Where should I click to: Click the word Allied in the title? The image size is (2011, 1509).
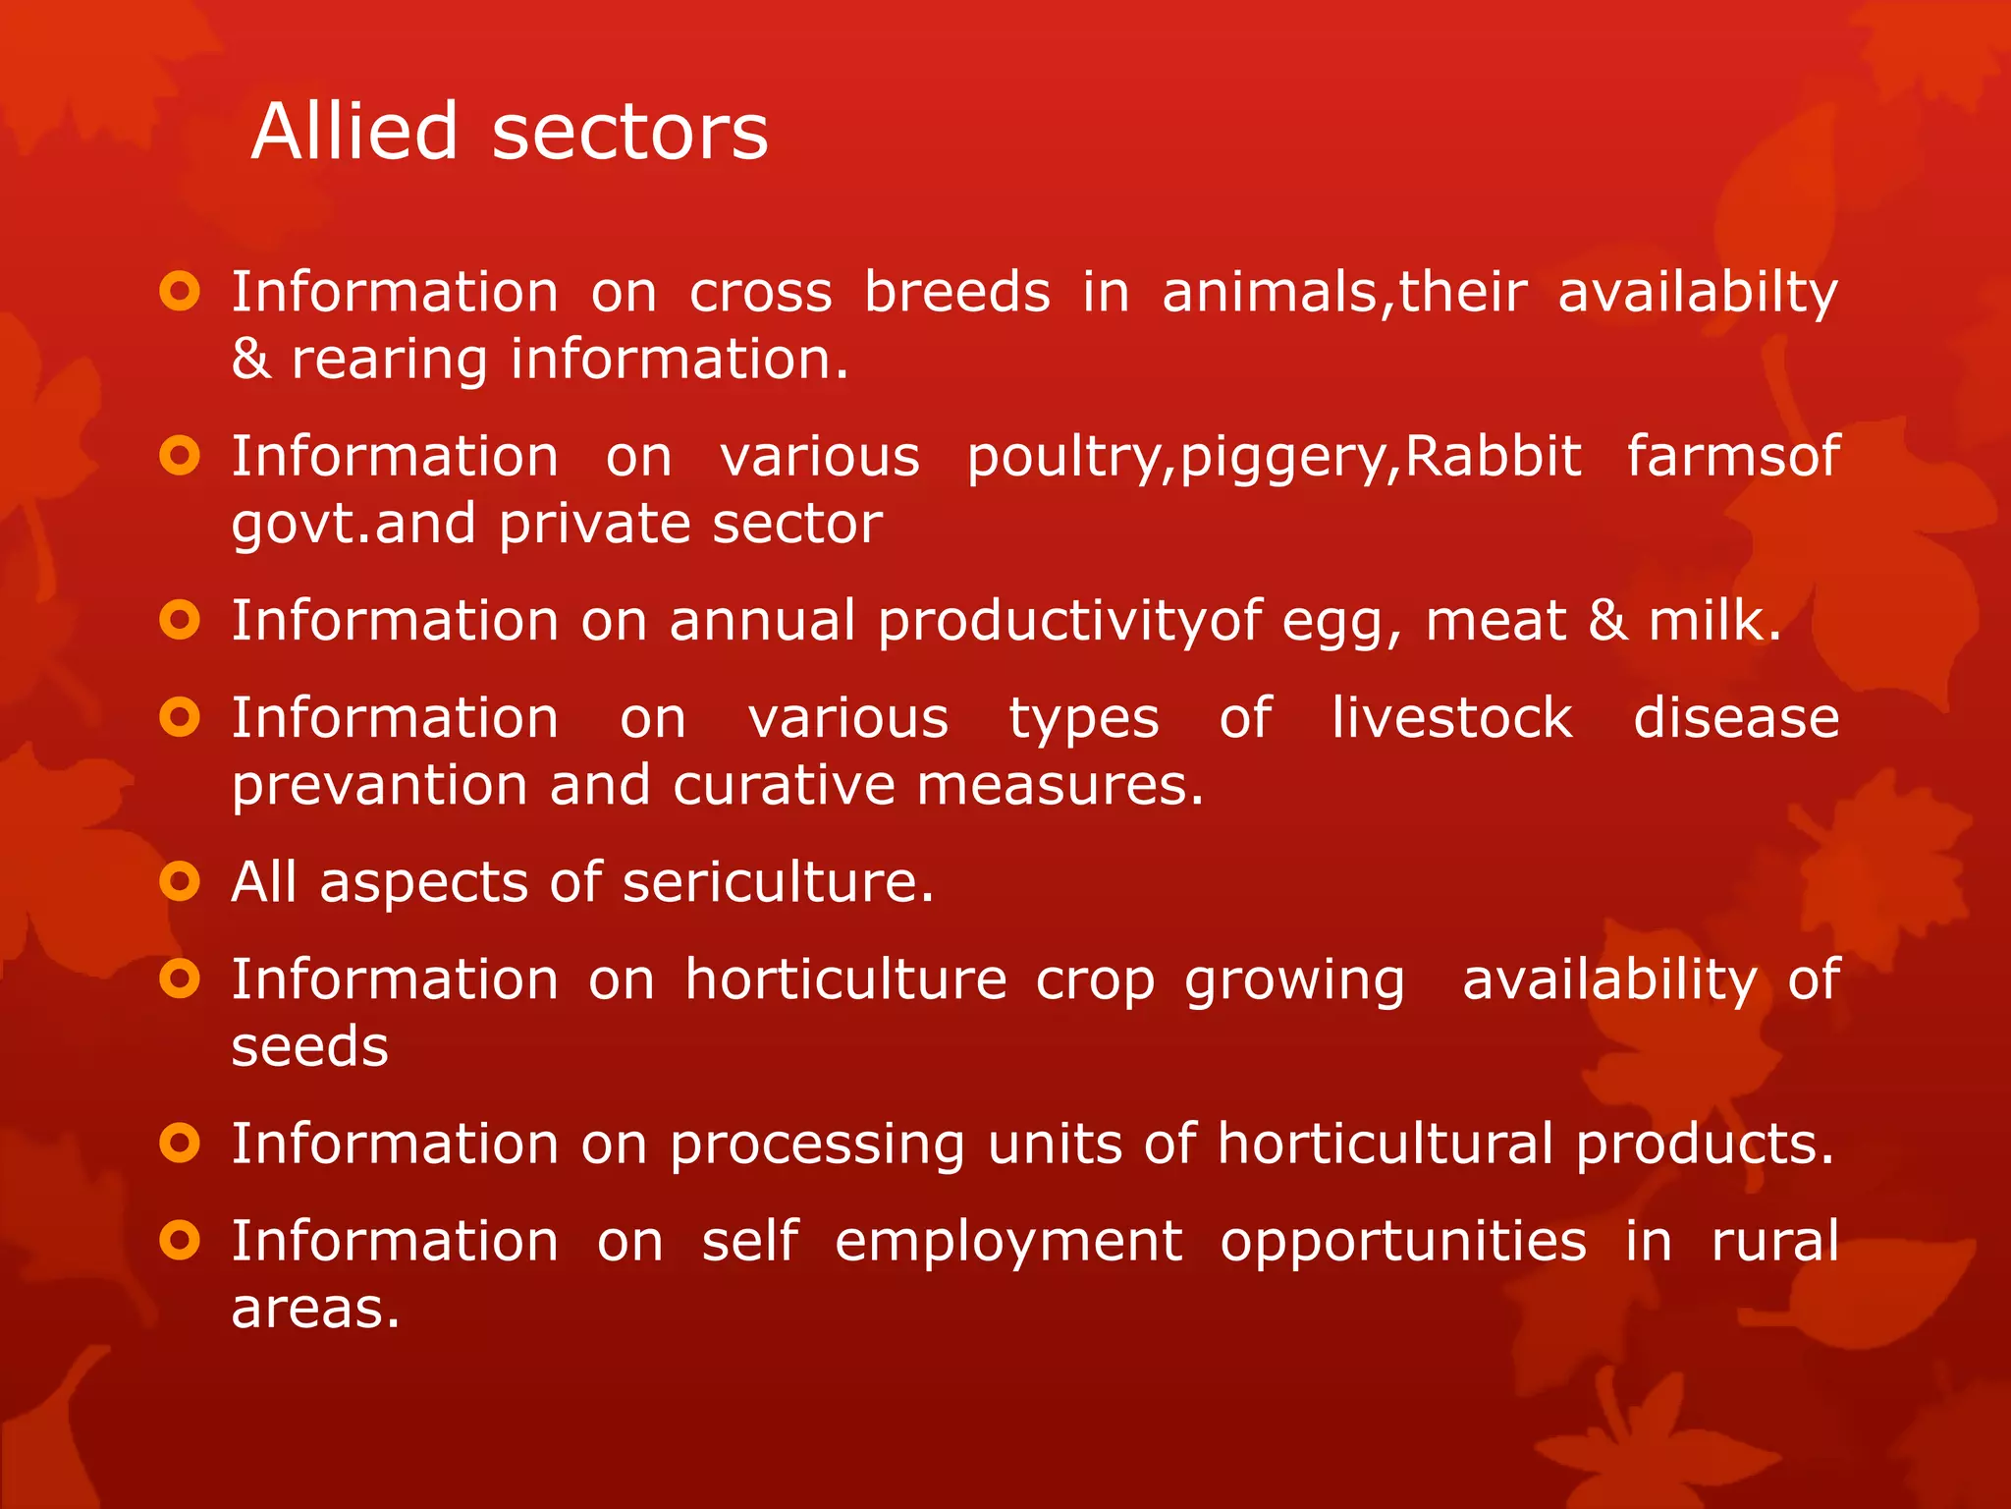click(354, 132)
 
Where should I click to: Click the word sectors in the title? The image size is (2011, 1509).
click(629, 132)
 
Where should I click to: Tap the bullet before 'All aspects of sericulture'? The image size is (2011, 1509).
click(180, 881)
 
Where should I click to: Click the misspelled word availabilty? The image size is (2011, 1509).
click(1698, 293)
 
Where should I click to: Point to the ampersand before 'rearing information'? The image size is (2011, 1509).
click(250, 359)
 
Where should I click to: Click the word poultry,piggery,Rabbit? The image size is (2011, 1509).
click(1274, 458)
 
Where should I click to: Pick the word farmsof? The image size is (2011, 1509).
click(1733, 457)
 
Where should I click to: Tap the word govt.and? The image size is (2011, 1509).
click(352, 524)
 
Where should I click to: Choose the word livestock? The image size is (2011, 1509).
click(1452, 718)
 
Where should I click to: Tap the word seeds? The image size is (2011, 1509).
click(310, 1046)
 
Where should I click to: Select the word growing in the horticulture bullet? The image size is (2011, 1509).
click(1294, 980)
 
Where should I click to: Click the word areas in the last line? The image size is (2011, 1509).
click(315, 1309)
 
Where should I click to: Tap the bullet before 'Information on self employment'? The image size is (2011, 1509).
click(180, 1241)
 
